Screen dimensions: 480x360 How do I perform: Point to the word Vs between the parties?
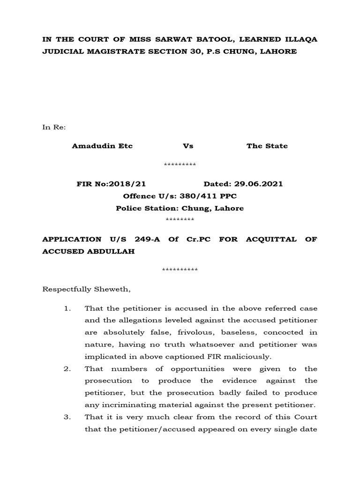(x=188, y=146)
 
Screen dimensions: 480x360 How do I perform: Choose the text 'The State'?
(x=267, y=146)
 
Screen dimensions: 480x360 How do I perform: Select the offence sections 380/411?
(x=198, y=196)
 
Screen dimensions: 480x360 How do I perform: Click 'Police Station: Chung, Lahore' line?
(x=180, y=208)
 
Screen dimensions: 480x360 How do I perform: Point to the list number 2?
(x=67, y=369)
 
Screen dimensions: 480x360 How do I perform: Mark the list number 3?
(x=67, y=417)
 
